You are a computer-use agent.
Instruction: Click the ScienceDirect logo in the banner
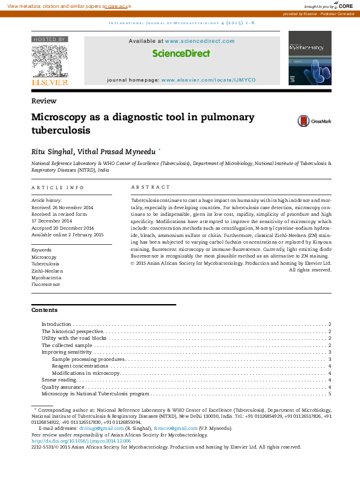(181, 54)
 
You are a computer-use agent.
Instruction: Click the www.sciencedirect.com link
(199, 41)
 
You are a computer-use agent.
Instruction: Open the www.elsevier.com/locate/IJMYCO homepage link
(208, 80)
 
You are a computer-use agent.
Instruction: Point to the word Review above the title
(44, 101)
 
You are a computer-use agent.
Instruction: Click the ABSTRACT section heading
(151, 187)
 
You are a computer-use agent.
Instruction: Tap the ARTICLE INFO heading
(57, 187)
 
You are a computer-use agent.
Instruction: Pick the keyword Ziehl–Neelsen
(47, 271)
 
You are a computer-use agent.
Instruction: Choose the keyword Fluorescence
(46, 284)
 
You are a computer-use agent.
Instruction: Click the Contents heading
(44, 310)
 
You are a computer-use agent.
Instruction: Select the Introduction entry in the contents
(56, 325)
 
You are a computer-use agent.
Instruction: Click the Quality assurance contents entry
(59, 387)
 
